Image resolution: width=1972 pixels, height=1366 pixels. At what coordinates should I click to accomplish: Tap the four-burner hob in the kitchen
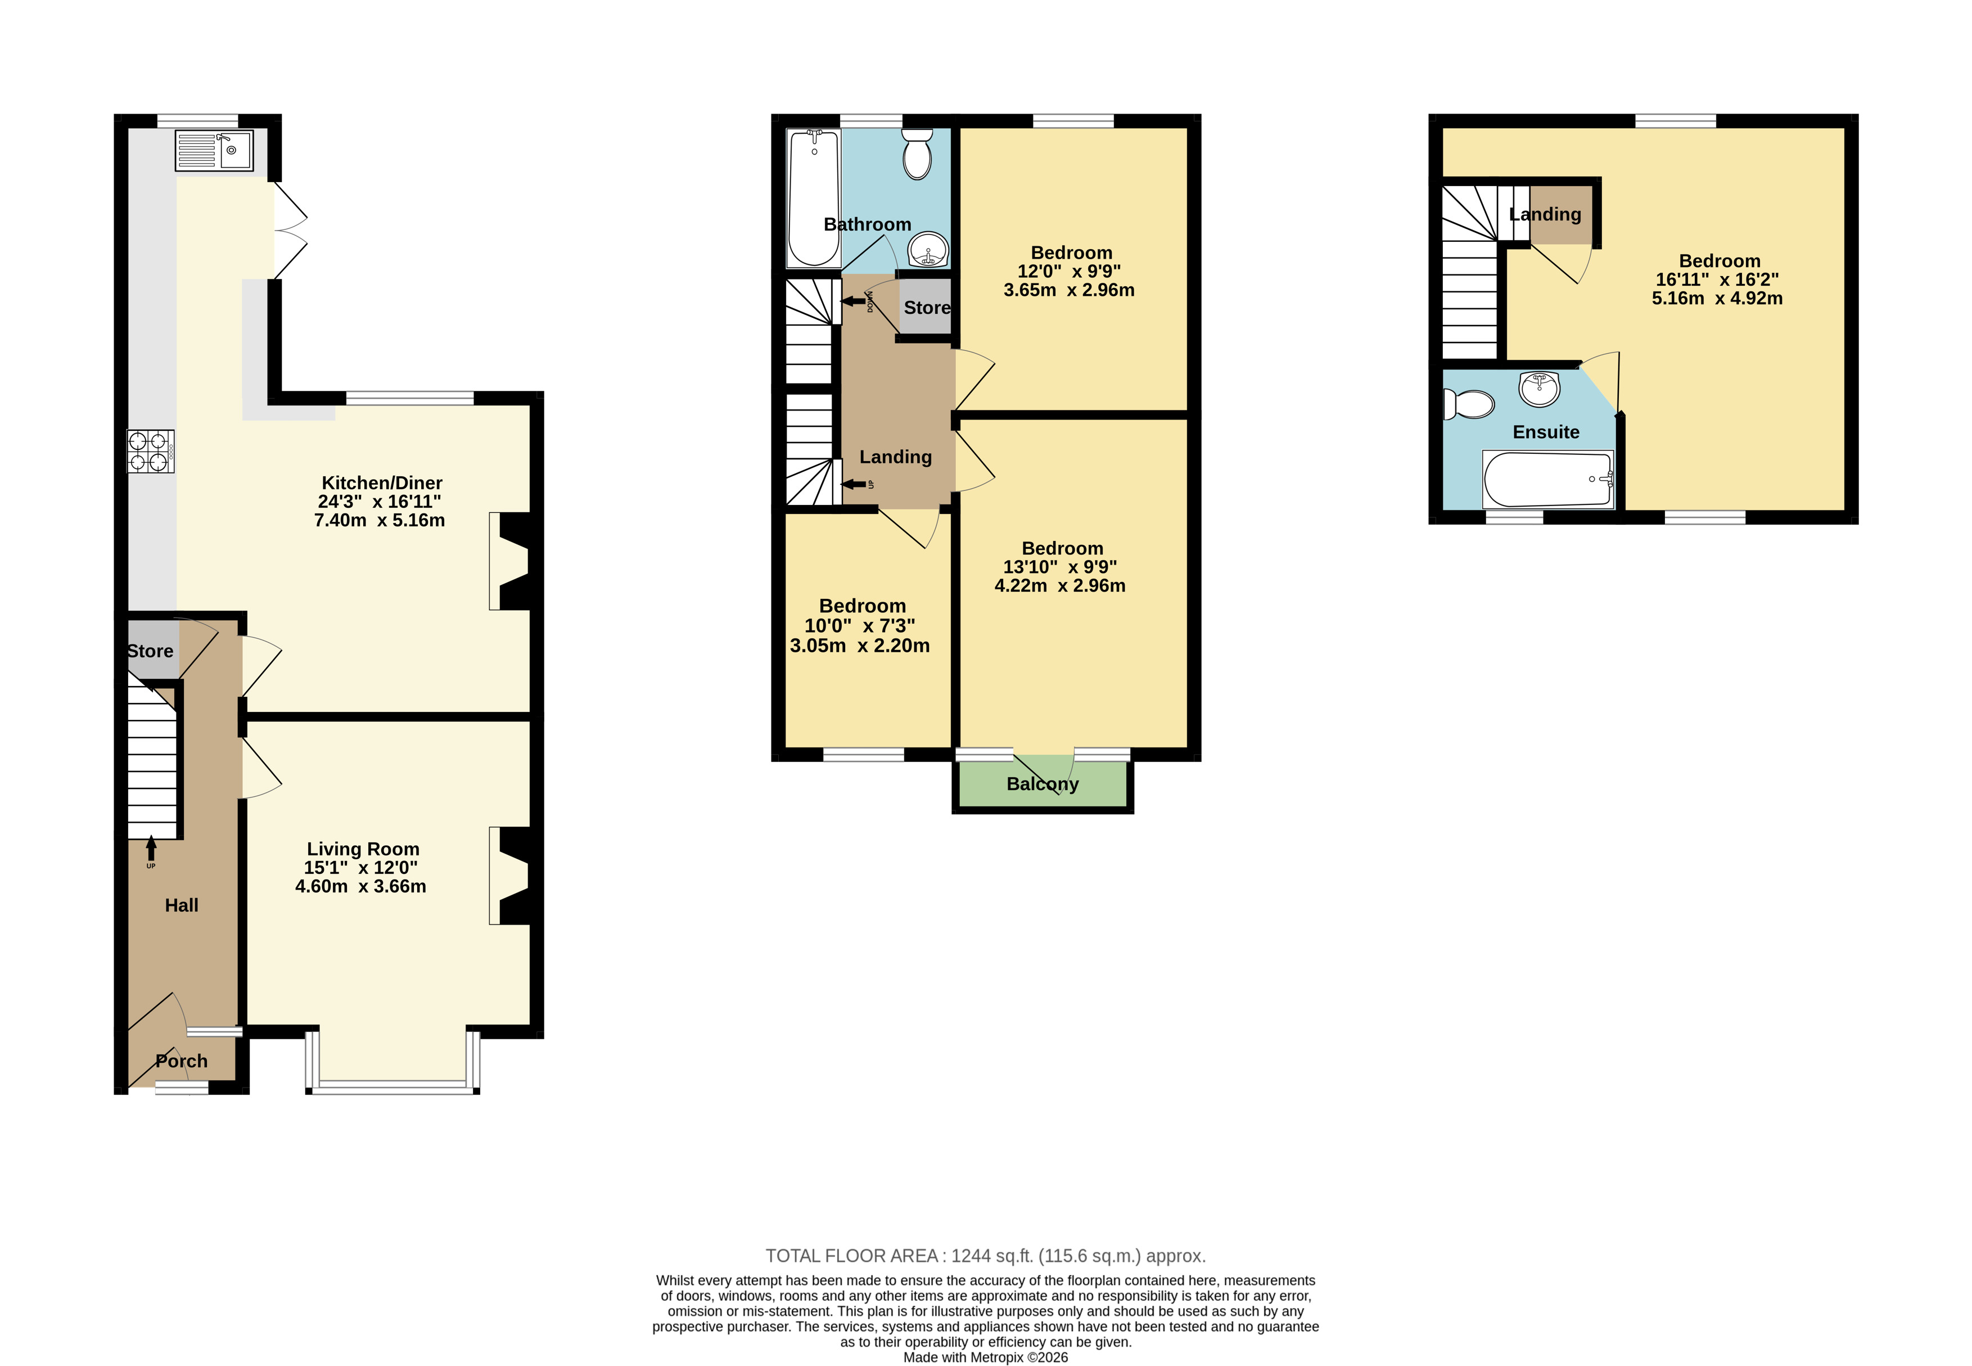151,451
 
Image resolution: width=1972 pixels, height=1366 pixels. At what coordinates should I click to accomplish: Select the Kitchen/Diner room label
382,483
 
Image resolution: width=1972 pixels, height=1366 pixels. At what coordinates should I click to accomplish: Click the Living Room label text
363,849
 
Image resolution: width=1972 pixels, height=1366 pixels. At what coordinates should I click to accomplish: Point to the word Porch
182,1061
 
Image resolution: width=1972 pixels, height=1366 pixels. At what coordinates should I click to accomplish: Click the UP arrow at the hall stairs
151,849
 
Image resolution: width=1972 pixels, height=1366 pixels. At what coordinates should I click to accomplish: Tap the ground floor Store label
151,651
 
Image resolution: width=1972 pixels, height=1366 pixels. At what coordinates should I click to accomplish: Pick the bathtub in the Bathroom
814,199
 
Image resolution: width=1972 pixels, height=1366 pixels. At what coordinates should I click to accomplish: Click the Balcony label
1043,784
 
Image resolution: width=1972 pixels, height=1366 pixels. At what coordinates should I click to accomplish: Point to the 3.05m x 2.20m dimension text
860,646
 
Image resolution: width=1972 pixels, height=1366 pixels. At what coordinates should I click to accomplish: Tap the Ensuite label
1546,432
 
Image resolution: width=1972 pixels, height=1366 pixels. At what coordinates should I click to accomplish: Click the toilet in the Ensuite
1469,404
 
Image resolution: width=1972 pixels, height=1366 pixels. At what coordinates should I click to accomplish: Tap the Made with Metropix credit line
986,1358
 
